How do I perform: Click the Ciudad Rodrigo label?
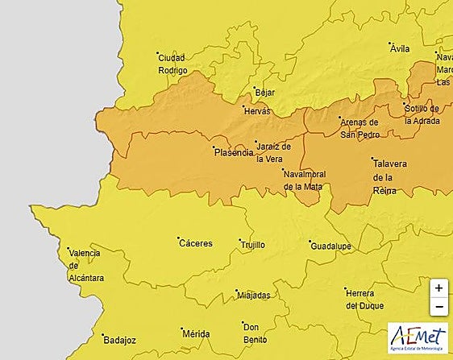pyautogui.click(x=172, y=64)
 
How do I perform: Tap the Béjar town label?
pyautogui.click(x=264, y=93)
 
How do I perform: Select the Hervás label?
pyautogui.click(x=257, y=112)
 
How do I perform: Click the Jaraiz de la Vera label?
pyautogui.click(x=268, y=152)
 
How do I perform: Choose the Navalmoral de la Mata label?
pyautogui.click(x=303, y=180)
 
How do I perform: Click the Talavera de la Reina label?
pyautogui.click(x=389, y=176)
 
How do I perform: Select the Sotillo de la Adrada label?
pyautogui.click(x=422, y=114)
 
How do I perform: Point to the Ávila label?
pyautogui.click(x=400, y=49)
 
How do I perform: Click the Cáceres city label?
pyautogui.click(x=196, y=243)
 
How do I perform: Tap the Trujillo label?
pyautogui.click(x=252, y=245)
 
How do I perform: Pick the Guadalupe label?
pyautogui.click(x=333, y=246)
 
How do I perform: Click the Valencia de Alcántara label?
pyautogui.click(x=85, y=265)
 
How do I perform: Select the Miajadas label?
pyautogui.click(x=254, y=296)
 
